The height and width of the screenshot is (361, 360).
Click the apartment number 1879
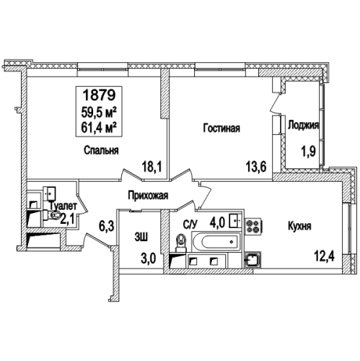point(99,95)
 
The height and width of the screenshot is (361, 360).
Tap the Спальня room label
point(101,150)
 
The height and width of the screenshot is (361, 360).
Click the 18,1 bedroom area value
point(152,167)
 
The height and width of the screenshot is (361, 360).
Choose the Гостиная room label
point(221,128)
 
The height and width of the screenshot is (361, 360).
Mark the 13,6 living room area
point(256,167)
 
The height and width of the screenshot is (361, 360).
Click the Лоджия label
point(303,126)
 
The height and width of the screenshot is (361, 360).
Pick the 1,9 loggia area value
point(309,152)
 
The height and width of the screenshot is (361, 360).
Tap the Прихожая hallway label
point(148,196)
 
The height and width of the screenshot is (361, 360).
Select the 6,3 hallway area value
point(105,226)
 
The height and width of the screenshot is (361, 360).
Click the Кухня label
point(299,226)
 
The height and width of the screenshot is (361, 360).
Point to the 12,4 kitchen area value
point(324,257)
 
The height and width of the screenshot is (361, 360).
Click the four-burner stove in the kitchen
point(253,226)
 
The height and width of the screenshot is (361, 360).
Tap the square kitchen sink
point(253,260)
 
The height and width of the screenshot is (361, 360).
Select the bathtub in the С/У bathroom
point(216,242)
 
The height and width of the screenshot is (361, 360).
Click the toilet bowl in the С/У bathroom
point(181,242)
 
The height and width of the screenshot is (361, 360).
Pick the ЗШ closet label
point(141,237)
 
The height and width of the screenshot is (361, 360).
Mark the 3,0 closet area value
point(149,258)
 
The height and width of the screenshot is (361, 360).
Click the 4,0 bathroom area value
point(217,222)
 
